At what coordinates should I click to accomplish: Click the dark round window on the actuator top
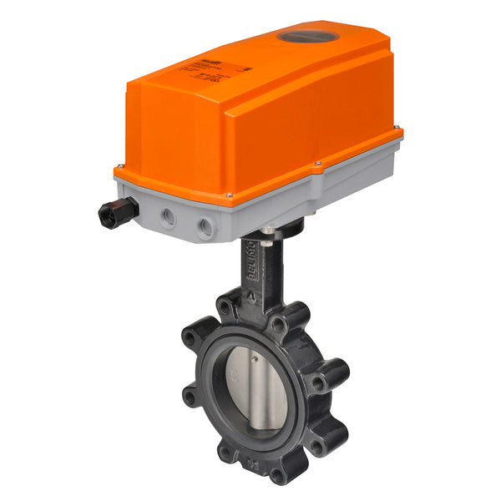pos(307,37)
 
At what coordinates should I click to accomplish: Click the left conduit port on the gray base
pos(169,217)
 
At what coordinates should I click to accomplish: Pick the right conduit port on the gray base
pos(205,226)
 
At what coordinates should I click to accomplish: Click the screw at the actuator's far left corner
pos(122,166)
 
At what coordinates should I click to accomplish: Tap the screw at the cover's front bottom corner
pos(229,196)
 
